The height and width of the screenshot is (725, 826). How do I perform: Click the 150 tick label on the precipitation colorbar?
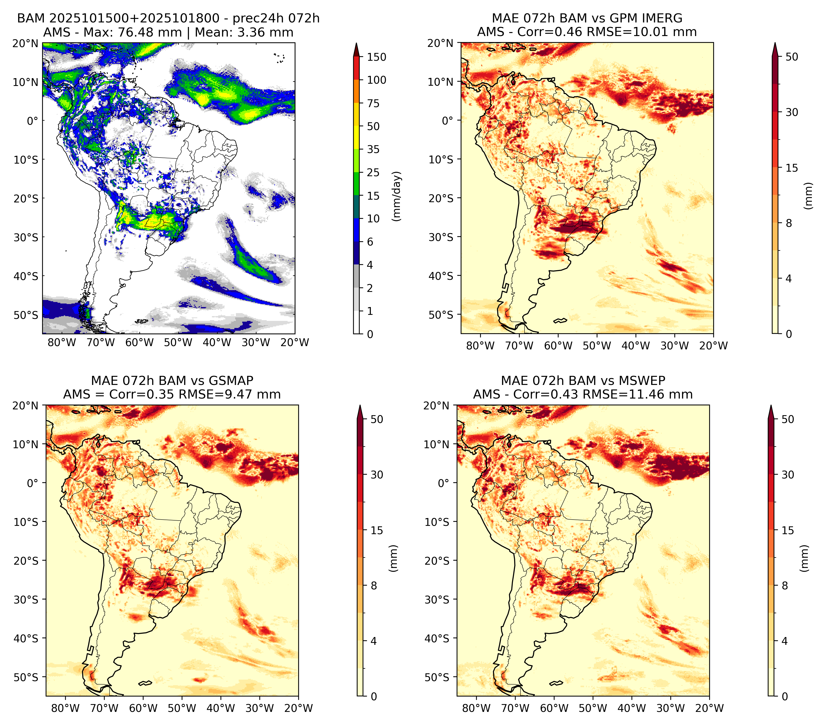pyautogui.click(x=377, y=57)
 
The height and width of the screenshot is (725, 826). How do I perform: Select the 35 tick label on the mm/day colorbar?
pyautogui.click(x=373, y=149)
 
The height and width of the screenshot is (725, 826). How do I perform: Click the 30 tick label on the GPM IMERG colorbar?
pyautogui.click(x=792, y=112)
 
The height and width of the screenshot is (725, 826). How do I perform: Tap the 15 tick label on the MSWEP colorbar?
pyautogui.click(x=788, y=530)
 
